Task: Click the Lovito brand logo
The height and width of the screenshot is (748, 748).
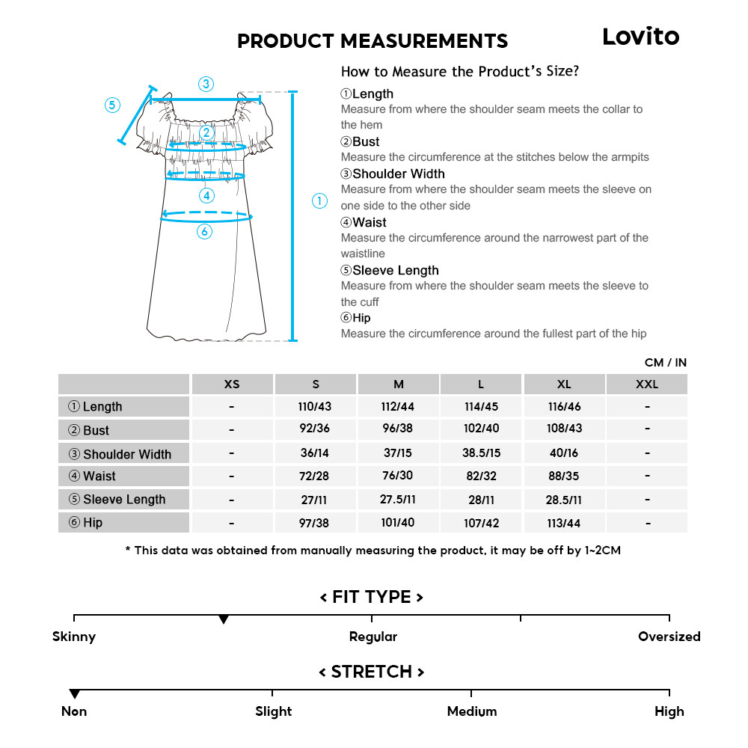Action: [640, 37]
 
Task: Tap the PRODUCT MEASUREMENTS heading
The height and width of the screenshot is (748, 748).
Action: [373, 41]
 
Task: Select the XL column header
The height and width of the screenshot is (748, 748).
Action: [564, 384]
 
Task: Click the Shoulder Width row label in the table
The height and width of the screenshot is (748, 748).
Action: [123, 454]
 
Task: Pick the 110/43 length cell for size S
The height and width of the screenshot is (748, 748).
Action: [316, 407]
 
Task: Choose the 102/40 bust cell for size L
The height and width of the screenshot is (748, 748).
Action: [481, 429]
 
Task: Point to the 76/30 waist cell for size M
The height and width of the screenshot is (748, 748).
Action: [398, 476]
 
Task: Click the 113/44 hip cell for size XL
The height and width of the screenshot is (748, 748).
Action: [564, 523]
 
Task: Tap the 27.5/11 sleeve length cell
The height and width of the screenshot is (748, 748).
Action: [398, 500]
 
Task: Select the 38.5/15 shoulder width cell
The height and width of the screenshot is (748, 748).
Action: [481, 453]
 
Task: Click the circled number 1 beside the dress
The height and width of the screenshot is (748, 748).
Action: [319, 200]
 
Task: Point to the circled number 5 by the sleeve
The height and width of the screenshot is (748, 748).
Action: [112, 105]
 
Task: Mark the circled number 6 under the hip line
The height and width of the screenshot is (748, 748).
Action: [204, 232]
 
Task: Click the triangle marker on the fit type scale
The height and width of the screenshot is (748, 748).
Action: [223, 620]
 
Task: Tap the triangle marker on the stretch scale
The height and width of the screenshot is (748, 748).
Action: [74, 695]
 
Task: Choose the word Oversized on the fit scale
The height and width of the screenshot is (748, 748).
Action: [669, 637]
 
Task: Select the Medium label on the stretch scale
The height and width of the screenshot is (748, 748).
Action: [471, 712]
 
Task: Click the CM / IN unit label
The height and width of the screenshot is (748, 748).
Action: [665, 363]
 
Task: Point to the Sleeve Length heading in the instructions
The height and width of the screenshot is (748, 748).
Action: [395, 271]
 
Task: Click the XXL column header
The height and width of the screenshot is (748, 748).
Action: [647, 384]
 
